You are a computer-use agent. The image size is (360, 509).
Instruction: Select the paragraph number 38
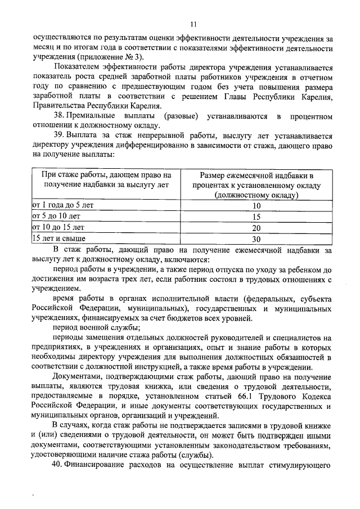point(58,116)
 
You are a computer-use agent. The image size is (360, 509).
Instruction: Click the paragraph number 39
point(58,136)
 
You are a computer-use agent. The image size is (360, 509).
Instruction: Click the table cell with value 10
point(256,206)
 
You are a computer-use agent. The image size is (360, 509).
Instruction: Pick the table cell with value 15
point(256,217)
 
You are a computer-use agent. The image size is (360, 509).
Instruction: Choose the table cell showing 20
point(256,227)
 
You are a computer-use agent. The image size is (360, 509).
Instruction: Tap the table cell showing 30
point(256,238)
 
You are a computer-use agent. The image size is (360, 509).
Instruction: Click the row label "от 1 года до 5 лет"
point(62,206)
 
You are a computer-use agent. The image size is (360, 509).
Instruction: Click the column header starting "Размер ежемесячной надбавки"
point(256,184)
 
